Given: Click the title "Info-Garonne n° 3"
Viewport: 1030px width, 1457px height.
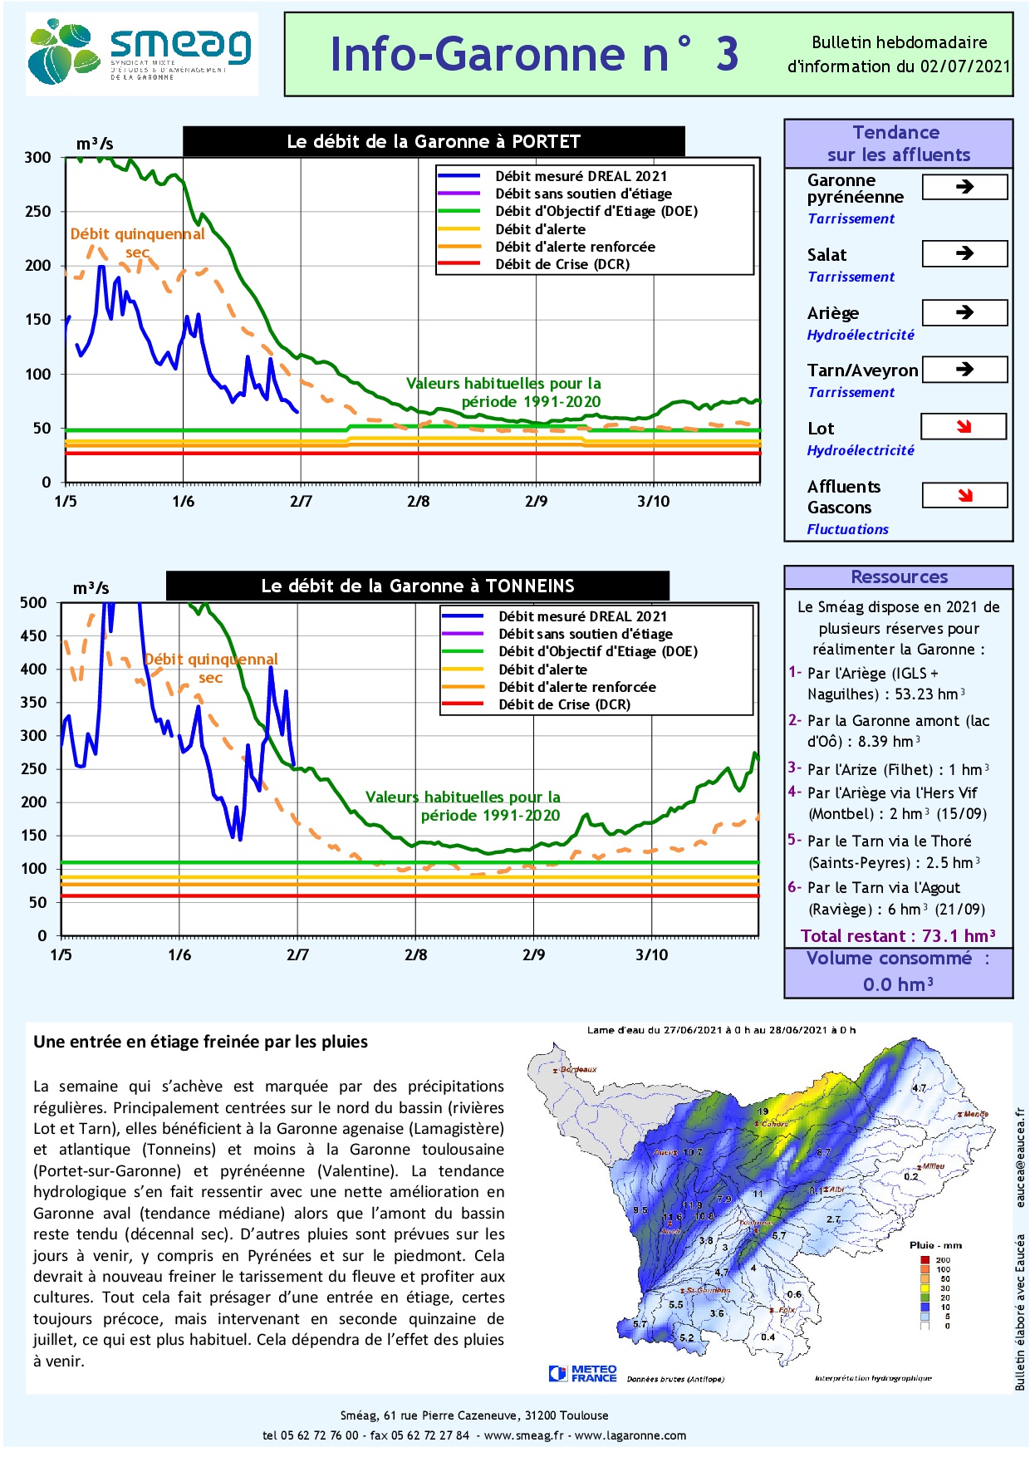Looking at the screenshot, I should tap(534, 55).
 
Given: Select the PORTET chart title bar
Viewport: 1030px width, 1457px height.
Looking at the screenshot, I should tap(434, 141).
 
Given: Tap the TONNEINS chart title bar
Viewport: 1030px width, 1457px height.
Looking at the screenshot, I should tap(417, 586).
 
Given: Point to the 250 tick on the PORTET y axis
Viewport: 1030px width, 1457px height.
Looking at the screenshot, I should tap(37, 212).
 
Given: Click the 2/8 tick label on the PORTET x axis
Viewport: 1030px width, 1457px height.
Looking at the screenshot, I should tap(419, 502).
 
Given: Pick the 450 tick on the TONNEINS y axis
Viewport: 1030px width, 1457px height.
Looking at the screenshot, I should tap(34, 636).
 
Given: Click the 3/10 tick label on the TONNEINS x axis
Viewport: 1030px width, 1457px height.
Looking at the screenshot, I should tap(651, 955).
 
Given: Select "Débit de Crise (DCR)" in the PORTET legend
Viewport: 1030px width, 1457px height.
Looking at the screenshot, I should tap(562, 264).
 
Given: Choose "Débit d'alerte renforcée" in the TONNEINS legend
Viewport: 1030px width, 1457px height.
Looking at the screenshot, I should tap(576, 687).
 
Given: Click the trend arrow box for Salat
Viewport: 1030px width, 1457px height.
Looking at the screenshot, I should tap(964, 253).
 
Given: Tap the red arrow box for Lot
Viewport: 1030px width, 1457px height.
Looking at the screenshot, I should tap(964, 427).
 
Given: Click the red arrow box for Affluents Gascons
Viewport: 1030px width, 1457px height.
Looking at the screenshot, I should tap(964, 496).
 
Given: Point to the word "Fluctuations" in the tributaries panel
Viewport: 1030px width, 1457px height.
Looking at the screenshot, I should tap(847, 529).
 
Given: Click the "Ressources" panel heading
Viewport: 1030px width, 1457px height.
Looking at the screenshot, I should tap(899, 577).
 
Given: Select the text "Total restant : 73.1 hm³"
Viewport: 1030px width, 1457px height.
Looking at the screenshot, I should tap(898, 936).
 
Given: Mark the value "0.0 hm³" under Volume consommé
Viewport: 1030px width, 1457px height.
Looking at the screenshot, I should tap(898, 985).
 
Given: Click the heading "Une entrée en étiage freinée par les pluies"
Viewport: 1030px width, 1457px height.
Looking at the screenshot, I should tap(200, 1042).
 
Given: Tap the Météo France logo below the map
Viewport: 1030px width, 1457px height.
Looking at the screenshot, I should tap(583, 1373).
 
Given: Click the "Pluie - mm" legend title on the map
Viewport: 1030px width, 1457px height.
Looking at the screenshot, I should tap(935, 1245).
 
